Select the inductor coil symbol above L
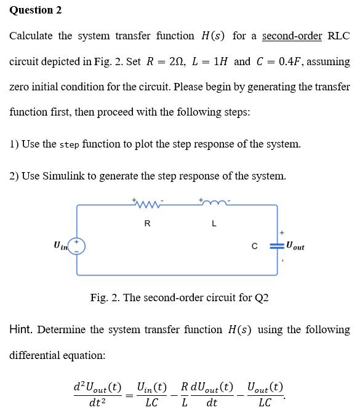tap(212, 202)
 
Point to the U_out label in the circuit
tap(295, 246)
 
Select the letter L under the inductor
tap(213, 223)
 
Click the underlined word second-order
tap(292, 36)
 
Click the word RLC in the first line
tap(338, 36)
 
